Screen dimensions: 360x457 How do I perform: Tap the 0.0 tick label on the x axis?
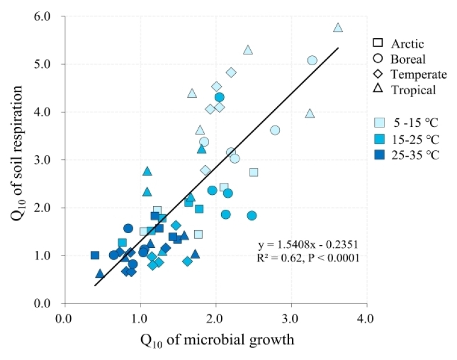click(63, 318)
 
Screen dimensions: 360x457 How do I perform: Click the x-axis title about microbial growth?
click(217, 341)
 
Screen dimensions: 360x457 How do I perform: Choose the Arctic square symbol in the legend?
click(378, 43)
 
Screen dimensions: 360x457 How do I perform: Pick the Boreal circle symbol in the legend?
click(378, 58)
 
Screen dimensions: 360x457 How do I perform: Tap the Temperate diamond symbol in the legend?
click(378, 74)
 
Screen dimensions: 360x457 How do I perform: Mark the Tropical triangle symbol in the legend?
click(378, 89)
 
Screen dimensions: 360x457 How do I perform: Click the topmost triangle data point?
click(338, 28)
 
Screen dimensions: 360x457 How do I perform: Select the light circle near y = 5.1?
click(312, 61)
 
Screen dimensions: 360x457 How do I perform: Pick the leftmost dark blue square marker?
click(95, 255)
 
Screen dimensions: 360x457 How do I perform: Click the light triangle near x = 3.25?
click(310, 114)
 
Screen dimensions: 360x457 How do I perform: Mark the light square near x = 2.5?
click(254, 172)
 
